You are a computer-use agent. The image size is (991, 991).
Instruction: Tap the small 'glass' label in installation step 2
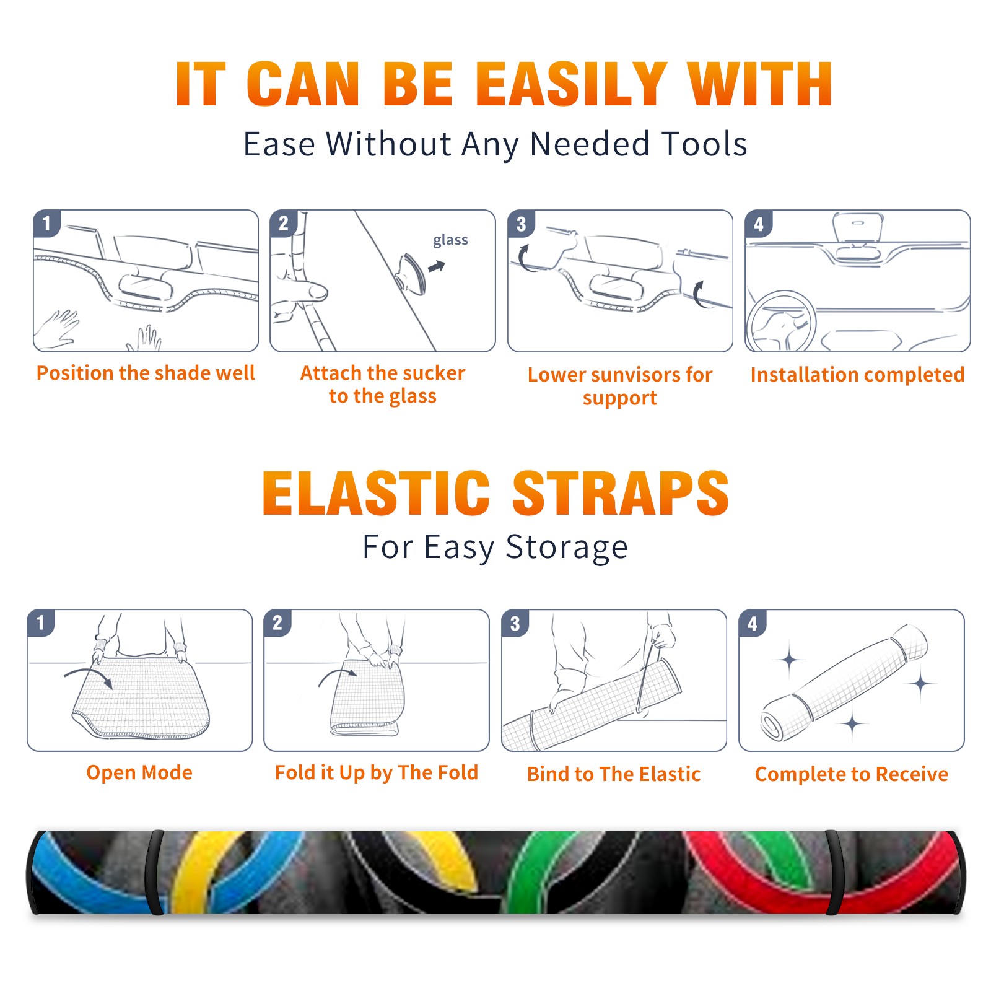pos(450,240)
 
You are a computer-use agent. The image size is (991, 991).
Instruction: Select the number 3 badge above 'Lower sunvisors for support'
pos(520,224)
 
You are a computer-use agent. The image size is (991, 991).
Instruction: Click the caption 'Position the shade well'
pos(146,373)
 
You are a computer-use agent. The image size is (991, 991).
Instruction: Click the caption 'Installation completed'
pos(857,375)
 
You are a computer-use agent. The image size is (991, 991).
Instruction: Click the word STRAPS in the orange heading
pos(621,493)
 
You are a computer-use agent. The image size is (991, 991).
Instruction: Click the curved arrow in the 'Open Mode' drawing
pos(89,676)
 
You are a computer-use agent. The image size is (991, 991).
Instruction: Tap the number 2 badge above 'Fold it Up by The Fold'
pos(277,622)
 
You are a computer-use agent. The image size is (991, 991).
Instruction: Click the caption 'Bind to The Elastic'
pos(613,774)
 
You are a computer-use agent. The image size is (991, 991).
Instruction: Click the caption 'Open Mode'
pos(139,772)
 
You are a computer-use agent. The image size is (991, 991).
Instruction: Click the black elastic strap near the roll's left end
pos(154,873)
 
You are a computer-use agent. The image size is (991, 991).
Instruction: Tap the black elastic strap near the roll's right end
pos(833,873)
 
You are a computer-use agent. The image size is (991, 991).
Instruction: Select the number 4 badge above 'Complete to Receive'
pos(752,623)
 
